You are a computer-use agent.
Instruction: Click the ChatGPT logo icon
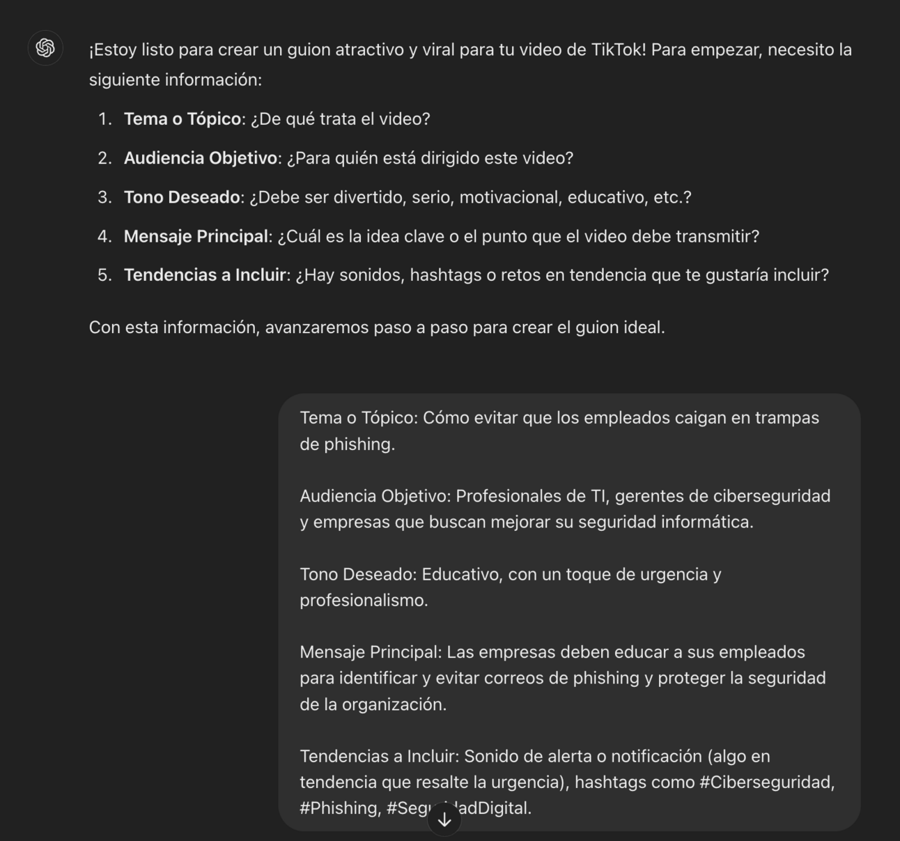[45, 48]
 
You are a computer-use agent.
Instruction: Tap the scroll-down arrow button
[444, 820]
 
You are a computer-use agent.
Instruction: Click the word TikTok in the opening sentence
[619, 50]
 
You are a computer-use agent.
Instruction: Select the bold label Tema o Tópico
[183, 119]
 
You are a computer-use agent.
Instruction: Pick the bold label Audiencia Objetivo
[201, 158]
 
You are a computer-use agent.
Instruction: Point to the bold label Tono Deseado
[182, 197]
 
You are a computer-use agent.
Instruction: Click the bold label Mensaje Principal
[196, 236]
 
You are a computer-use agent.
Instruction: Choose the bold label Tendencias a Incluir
[205, 275]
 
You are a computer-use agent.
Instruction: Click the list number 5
[104, 275]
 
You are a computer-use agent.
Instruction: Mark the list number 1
[104, 119]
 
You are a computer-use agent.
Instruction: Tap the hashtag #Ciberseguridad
[766, 782]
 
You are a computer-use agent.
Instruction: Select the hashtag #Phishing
[341, 808]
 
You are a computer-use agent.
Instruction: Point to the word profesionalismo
[363, 601]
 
